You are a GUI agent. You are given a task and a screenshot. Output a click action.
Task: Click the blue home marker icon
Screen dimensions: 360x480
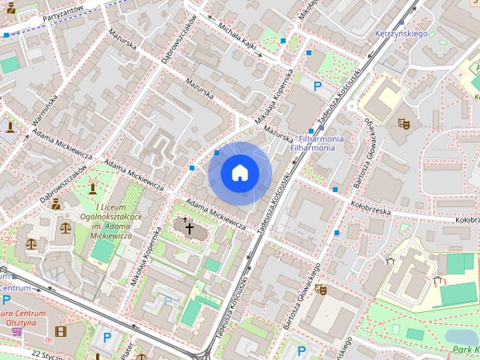click(239, 173)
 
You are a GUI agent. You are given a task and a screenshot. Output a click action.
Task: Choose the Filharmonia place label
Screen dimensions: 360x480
click(322, 143)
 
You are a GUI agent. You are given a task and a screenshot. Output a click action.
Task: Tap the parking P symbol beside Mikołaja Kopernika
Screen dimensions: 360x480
click(317, 86)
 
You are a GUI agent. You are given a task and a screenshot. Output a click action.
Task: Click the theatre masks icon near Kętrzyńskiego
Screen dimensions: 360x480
click(403, 120)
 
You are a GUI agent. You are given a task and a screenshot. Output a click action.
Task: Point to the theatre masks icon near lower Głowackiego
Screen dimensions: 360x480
click(320, 289)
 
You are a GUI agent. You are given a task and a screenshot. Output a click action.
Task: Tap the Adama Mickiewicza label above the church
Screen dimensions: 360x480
click(216, 214)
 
